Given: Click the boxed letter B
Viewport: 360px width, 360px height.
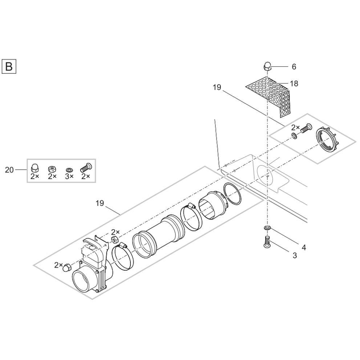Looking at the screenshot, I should [9, 66].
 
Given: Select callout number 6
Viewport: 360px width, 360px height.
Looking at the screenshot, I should [294, 67].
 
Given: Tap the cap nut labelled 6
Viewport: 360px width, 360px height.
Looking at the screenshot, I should [267, 67].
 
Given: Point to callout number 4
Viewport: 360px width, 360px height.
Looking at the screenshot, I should [304, 247].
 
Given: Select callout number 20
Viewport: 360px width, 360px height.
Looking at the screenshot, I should [9, 169].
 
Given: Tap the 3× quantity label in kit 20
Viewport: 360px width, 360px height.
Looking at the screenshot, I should [69, 176].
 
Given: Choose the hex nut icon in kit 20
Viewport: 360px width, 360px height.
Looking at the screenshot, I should [52, 169].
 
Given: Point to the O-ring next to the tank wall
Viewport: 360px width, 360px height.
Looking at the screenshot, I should [232, 194].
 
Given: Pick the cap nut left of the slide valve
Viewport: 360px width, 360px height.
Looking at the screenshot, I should [66, 268].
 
